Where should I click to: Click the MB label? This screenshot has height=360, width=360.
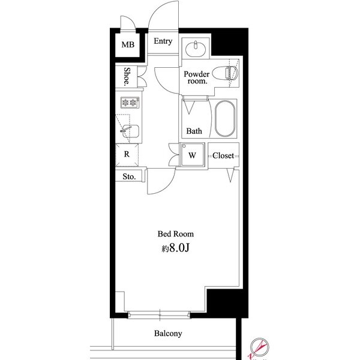click(128, 44)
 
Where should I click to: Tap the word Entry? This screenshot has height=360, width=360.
click(163, 41)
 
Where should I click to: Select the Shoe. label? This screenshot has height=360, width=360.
click(127, 76)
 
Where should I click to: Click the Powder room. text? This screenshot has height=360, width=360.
click(197, 77)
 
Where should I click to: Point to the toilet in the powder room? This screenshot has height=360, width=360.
click(225, 73)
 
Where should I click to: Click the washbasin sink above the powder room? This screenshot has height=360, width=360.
click(196, 49)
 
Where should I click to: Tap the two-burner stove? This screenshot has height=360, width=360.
click(130, 103)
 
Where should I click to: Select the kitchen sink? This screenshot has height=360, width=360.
click(130, 131)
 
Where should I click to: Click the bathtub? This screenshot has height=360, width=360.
click(225, 118)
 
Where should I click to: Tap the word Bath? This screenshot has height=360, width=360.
click(194, 131)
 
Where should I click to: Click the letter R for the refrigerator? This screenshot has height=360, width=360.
click(127, 154)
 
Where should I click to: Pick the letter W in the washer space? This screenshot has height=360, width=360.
click(192, 155)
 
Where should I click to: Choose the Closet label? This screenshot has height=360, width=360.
click(223, 155)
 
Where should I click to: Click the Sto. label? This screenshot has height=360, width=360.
click(129, 176)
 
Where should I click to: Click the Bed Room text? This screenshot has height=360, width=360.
click(175, 234)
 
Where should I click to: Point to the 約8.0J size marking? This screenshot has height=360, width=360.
click(175, 248)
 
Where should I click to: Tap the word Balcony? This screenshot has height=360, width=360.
click(168, 334)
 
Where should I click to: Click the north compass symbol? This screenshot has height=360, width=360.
click(259, 347)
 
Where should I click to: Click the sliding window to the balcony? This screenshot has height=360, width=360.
click(159, 315)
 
